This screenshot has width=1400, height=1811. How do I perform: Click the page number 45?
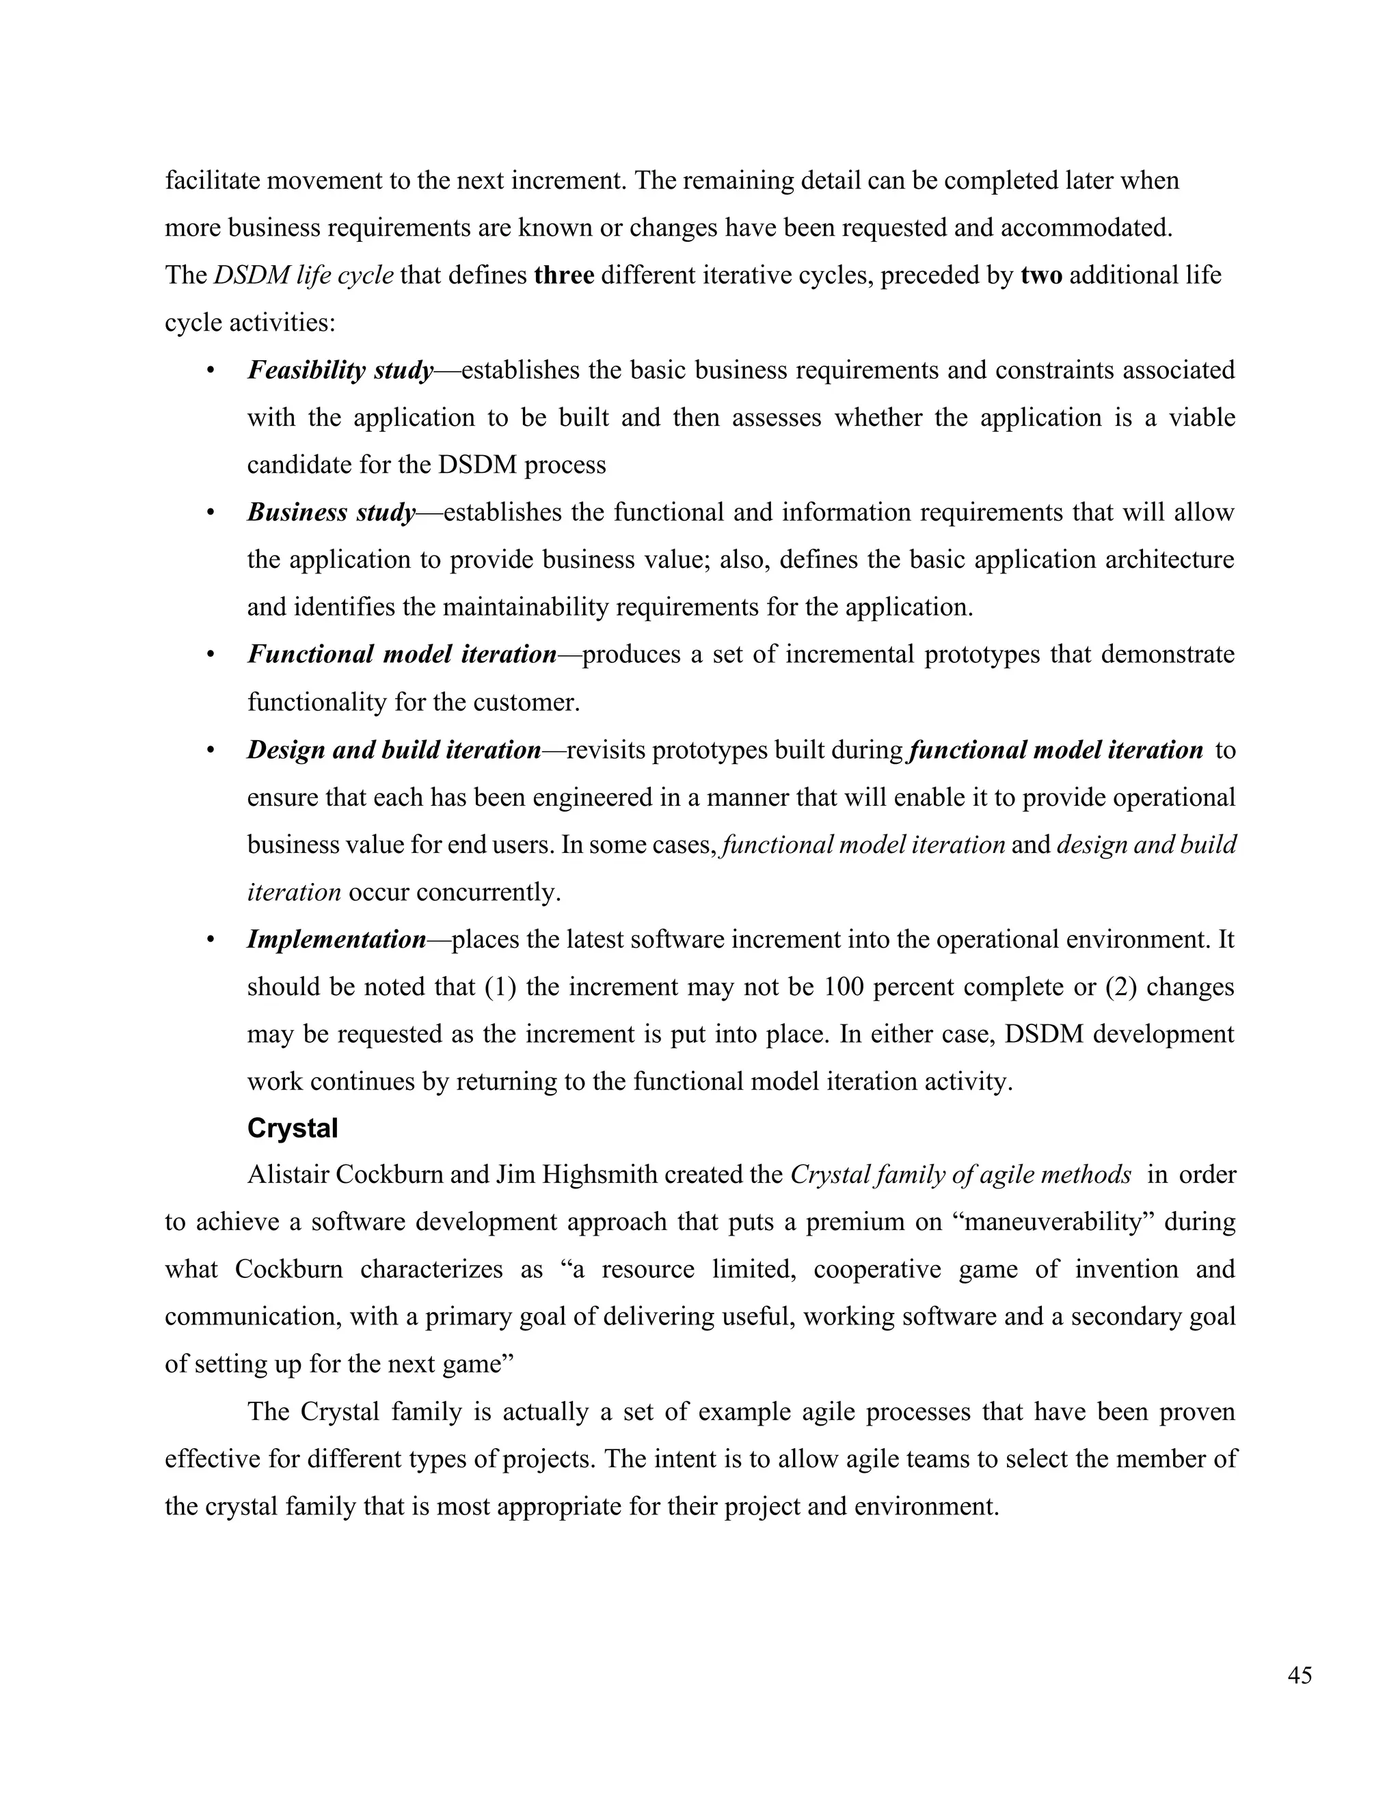(1300, 1676)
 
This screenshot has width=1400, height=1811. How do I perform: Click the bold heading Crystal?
(293, 1128)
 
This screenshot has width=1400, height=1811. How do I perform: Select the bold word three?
(564, 275)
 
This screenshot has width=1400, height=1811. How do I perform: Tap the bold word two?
(1041, 275)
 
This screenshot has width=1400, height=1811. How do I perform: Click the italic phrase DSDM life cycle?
(304, 275)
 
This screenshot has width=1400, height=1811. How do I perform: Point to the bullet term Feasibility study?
(340, 370)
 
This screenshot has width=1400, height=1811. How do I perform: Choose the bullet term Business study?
(331, 513)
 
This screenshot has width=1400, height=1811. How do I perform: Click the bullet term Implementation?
(336, 940)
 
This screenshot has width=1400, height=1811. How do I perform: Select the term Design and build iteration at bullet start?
(394, 750)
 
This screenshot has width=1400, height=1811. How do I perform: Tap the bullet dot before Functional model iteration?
(211, 656)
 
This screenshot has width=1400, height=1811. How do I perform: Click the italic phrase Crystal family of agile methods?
(960, 1175)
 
